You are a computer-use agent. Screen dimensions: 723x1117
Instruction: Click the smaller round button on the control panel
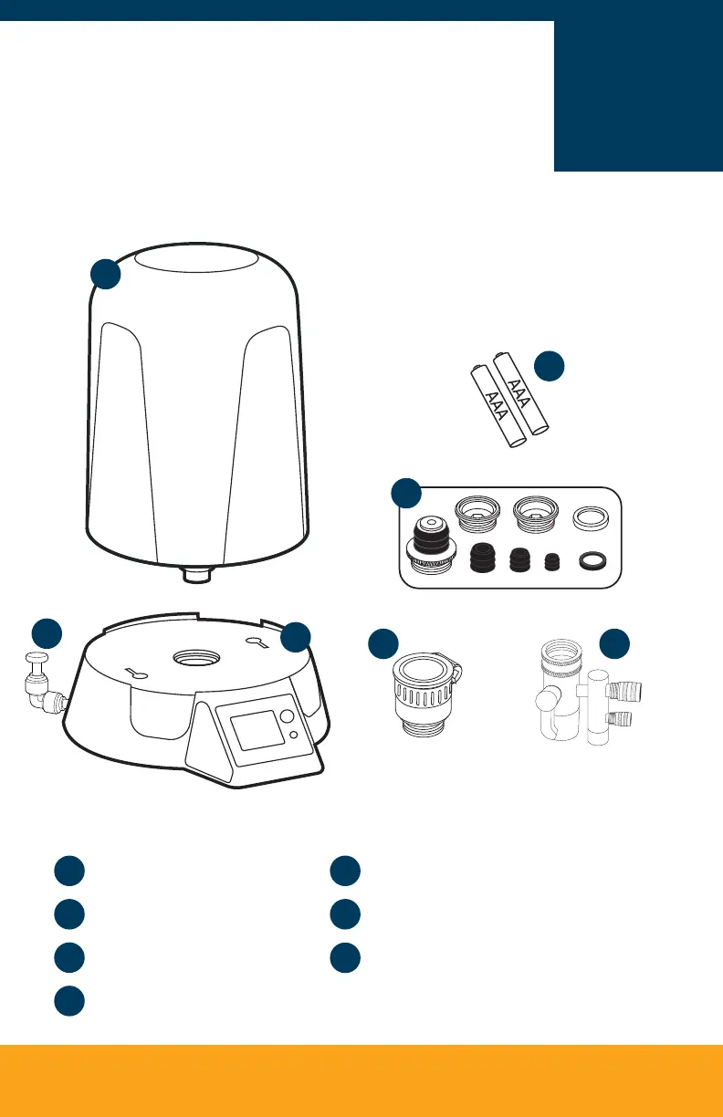(292, 736)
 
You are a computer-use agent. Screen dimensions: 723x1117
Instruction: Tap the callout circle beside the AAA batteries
(550, 365)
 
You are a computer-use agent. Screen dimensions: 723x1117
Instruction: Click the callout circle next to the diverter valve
(615, 644)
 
